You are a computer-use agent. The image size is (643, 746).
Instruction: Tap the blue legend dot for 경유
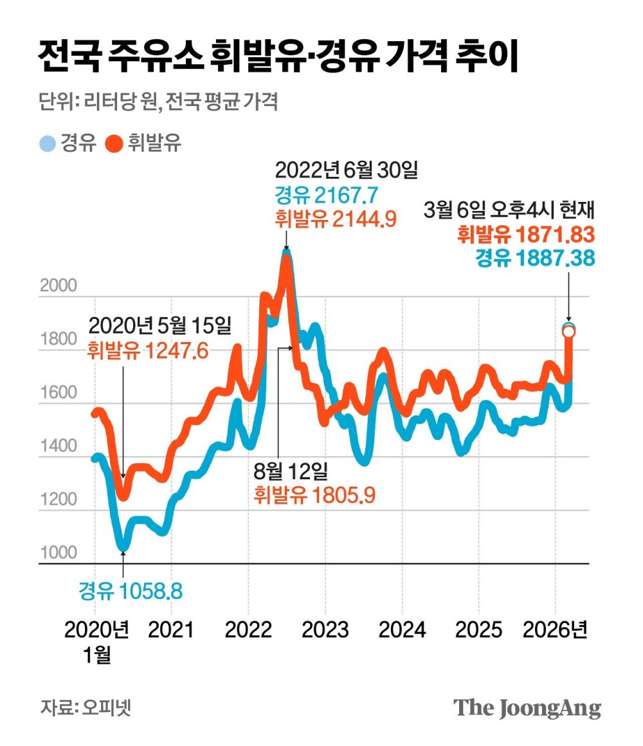point(48,143)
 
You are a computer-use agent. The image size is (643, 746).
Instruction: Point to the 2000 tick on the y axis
point(59,286)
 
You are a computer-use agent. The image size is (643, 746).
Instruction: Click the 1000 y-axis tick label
point(59,552)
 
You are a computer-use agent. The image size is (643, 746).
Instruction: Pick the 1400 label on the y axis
point(59,446)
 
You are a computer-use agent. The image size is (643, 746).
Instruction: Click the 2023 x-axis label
point(325,630)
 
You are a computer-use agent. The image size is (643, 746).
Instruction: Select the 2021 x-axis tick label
point(171,630)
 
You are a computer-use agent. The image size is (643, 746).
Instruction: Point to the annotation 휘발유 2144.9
point(334,219)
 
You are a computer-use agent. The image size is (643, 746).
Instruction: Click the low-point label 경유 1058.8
point(131,590)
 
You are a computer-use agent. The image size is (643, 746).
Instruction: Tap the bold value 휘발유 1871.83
point(525,235)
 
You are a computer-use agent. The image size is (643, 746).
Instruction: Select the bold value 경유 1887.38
point(535,259)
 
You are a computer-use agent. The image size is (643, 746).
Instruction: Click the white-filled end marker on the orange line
point(569,331)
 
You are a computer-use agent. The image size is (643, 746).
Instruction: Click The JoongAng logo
point(527,707)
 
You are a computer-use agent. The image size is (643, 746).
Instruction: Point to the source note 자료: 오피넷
point(86,707)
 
